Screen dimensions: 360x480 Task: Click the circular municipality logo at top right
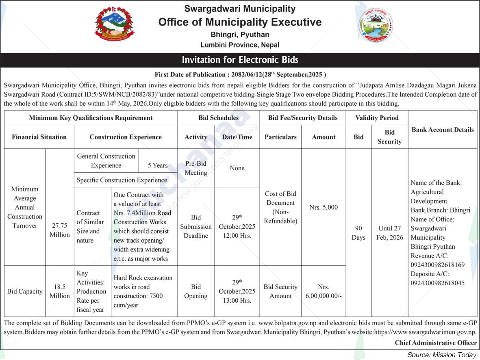[x=376, y=25]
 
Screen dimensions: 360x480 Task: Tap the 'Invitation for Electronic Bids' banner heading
[x=240, y=60]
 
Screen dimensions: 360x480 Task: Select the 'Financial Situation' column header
[x=39, y=137]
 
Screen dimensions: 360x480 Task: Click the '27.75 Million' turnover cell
[x=60, y=230]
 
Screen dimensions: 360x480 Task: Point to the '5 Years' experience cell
[x=158, y=165]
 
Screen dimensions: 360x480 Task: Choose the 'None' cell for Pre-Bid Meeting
[x=237, y=168]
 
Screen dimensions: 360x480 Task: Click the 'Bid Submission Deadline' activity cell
[x=196, y=226]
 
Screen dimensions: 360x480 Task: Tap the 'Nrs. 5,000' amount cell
[x=324, y=207]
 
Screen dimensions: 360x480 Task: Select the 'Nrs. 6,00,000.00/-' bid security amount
[x=324, y=291]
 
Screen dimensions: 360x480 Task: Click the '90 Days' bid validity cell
[x=358, y=233]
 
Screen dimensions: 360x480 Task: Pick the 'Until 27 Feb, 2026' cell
[x=389, y=233]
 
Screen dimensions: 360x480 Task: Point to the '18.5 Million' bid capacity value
[x=60, y=291]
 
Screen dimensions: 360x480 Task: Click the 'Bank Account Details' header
[x=443, y=130]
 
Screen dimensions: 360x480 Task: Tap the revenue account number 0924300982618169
[x=438, y=265]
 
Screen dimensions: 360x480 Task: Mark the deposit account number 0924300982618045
[x=438, y=283]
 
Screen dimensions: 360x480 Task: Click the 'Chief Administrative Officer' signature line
[x=436, y=343]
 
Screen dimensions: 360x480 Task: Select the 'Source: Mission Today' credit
[x=441, y=355]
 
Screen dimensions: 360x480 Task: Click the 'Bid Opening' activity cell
[x=196, y=291]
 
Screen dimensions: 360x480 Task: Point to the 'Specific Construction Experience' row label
[x=122, y=180]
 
